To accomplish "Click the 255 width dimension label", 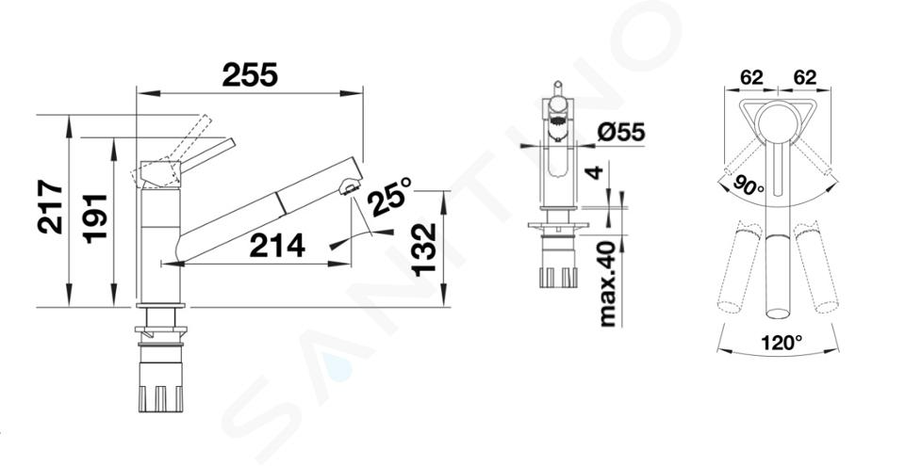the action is (250, 75).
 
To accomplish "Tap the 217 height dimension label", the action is (50, 206).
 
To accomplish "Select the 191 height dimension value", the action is (94, 218).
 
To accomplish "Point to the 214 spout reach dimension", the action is (277, 247).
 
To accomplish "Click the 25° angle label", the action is (390, 197).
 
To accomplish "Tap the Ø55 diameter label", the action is (621, 133).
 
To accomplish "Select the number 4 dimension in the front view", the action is (595, 172).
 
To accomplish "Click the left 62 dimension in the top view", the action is (751, 77).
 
